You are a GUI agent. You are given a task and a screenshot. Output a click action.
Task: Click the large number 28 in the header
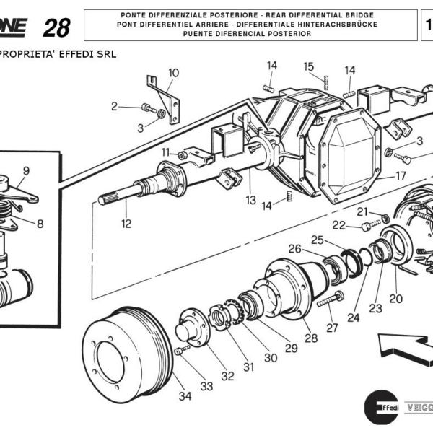56,27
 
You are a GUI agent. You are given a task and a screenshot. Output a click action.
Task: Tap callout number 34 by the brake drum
185,395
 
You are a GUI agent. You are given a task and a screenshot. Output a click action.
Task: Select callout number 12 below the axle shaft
126,224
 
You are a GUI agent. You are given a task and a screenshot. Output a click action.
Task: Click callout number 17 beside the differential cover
401,175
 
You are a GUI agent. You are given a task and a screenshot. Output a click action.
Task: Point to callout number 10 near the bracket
173,73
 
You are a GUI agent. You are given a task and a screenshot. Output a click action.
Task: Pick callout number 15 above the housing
309,67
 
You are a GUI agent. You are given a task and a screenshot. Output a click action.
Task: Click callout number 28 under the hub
310,338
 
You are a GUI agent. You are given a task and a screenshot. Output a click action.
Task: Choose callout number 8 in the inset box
40,224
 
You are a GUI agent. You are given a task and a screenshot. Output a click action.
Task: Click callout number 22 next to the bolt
339,226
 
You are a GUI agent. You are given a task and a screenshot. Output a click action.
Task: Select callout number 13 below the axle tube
250,200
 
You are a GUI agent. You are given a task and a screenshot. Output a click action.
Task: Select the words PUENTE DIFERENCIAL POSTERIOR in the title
250,33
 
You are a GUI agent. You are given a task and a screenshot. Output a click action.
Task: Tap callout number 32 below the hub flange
227,375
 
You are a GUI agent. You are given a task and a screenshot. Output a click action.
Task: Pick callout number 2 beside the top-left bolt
114,107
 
